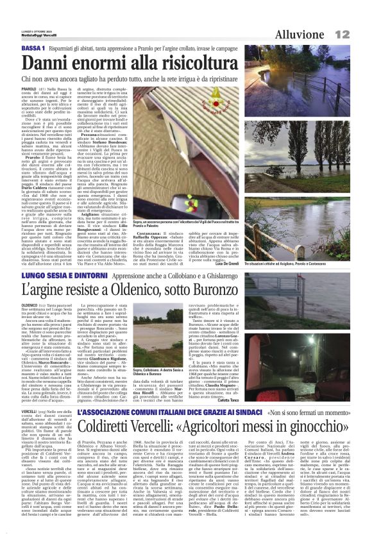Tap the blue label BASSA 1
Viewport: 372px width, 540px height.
point(33,49)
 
